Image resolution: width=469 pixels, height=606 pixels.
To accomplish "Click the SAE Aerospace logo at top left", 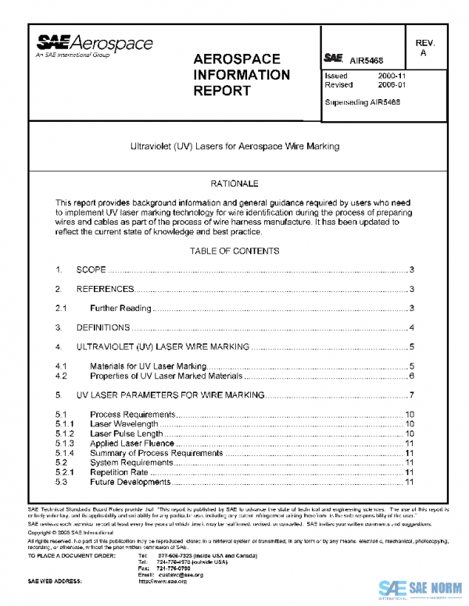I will [92, 46].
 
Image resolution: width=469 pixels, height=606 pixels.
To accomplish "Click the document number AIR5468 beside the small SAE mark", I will [366, 58].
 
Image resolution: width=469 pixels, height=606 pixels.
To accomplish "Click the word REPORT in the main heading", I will [223, 91].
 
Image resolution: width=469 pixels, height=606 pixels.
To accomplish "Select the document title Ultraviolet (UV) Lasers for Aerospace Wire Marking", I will [234, 145].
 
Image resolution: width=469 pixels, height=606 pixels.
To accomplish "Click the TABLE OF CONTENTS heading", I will [234, 251].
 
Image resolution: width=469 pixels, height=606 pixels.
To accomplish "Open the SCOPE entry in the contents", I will [91, 270].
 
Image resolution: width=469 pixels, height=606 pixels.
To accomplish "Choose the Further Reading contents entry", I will [118, 308].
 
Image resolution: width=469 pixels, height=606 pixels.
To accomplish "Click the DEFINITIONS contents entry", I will [102, 327].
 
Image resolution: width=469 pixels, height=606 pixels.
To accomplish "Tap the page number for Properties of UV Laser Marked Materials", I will [410, 376].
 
